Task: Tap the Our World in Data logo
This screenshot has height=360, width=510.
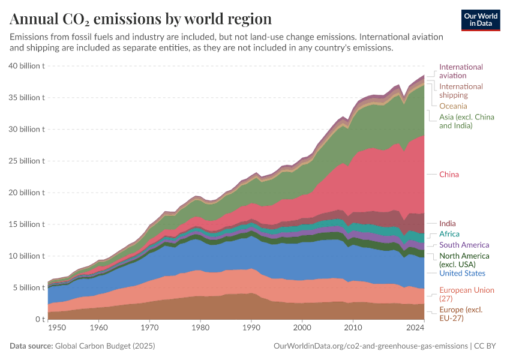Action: click(x=481, y=20)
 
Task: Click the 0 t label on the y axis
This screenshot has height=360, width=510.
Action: click(x=40, y=319)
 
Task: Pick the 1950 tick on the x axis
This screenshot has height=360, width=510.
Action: click(x=57, y=328)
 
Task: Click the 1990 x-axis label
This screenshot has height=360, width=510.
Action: click(x=252, y=328)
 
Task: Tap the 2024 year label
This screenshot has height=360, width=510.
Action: click(x=415, y=328)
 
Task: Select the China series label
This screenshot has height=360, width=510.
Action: click(x=449, y=175)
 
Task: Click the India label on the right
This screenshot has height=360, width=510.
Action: click(x=447, y=223)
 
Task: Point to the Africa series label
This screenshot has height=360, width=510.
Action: click(x=449, y=234)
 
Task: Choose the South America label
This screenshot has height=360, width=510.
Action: click(x=464, y=245)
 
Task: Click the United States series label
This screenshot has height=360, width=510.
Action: click(x=462, y=274)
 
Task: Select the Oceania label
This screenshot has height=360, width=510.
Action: click(x=453, y=106)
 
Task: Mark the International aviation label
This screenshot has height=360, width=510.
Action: click(x=461, y=71)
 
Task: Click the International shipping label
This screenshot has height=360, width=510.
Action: click(x=461, y=91)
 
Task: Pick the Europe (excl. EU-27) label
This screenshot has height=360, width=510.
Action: click(x=461, y=314)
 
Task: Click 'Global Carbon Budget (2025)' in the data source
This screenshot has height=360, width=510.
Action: click(x=104, y=346)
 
